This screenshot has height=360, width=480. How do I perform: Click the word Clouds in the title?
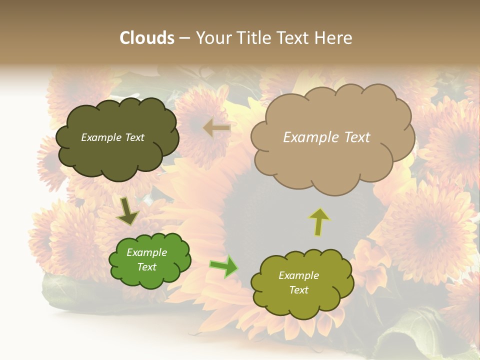(147, 38)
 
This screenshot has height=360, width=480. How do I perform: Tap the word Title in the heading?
(253, 38)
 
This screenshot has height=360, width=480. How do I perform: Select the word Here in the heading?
(333, 38)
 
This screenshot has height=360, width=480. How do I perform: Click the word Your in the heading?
(213, 38)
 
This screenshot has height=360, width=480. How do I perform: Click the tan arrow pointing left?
(216, 128)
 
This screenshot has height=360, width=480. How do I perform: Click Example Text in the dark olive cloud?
(112, 137)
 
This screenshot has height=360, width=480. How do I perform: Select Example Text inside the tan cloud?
(326, 137)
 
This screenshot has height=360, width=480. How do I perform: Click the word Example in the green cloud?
(146, 252)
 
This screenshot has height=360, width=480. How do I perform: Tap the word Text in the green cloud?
(146, 267)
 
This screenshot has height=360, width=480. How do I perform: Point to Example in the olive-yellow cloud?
(298, 275)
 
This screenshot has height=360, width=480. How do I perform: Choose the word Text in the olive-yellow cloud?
(298, 290)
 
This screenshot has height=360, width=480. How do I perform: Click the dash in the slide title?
(184, 38)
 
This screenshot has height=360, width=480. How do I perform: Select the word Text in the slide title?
(294, 38)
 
